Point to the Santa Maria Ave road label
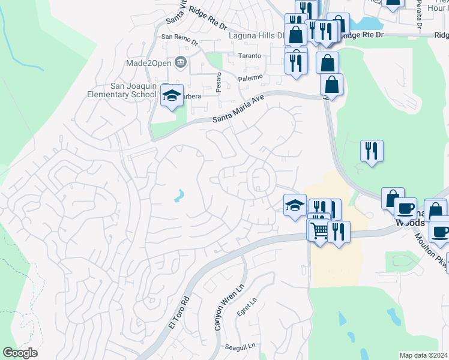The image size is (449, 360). pos(238,111)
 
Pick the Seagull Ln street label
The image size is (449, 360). pos(240,346)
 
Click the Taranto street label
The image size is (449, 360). pos(249,56)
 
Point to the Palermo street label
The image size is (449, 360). pos(251,78)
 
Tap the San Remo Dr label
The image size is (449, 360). pos(179,37)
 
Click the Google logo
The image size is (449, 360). pos(20,353)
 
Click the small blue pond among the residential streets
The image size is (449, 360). pos(179,196)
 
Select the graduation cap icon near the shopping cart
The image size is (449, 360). pos(294,205)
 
